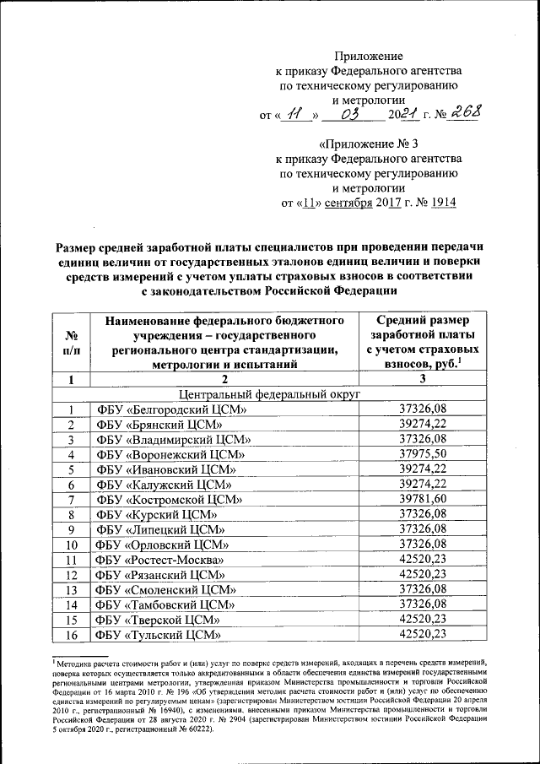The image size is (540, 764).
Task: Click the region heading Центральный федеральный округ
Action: (269, 393)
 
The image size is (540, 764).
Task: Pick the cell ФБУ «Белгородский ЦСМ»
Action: (170, 409)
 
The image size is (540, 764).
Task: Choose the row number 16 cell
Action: (71, 635)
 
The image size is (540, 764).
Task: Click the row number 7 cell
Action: (71, 500)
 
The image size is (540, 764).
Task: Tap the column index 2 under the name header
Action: (226, 379)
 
